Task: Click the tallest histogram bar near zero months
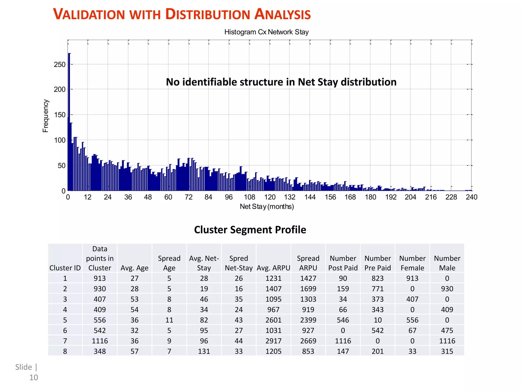69,122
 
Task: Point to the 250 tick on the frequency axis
60,64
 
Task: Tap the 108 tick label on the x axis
249,197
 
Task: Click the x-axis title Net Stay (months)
267,206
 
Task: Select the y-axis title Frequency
45,116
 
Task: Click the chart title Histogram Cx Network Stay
266,32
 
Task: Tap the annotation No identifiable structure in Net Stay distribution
281,82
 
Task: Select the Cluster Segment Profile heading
250,230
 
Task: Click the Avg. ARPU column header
273,268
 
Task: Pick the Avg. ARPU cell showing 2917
273,341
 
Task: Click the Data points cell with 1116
100,341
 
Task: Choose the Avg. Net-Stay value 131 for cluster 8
204,351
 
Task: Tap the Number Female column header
412,263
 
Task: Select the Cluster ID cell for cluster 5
65,320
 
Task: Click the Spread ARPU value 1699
308,289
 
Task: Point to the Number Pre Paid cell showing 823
378,278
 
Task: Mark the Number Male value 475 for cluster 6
447,330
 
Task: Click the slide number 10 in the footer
34,378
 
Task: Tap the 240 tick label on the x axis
471,197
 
